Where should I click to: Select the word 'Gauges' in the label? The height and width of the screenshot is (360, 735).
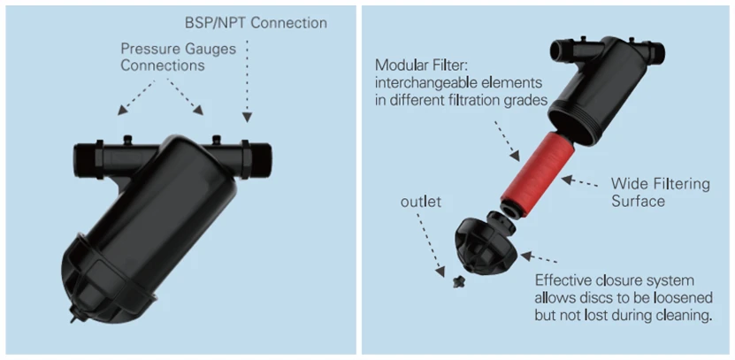point(210,50)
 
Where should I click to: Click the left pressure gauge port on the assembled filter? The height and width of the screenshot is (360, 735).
point(126,138)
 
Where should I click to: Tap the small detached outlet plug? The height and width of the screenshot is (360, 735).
point(457,282)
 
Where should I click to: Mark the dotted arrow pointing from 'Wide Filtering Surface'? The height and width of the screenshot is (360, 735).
point(584,182)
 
